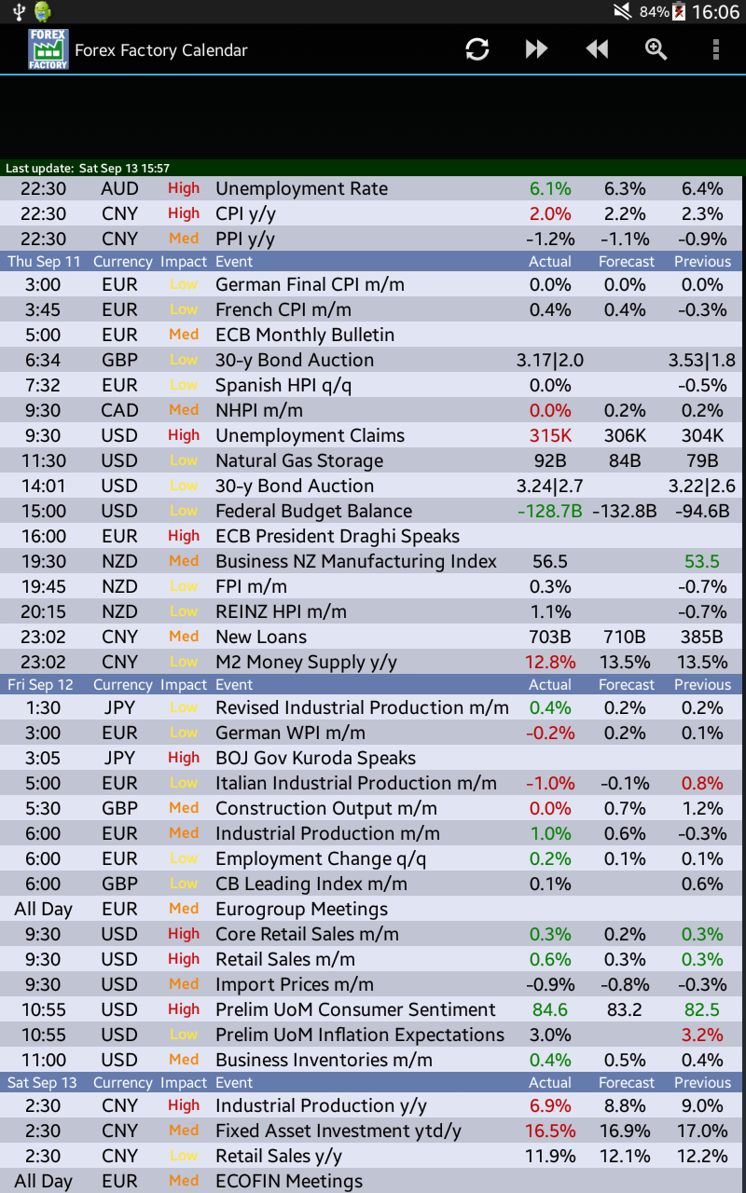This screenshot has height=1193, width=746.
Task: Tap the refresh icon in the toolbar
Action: (477, 49)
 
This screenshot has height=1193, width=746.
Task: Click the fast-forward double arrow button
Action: (536, 49)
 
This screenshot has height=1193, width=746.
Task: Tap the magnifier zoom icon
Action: (656, 49)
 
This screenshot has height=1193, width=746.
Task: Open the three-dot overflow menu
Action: (715, 49)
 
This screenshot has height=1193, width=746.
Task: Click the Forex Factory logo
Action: (48, 49)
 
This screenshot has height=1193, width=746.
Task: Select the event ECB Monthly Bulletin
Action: (305, 335)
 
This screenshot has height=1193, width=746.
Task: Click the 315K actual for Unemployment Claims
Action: (550, 435)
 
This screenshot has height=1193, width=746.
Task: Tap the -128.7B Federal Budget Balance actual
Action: (550, 511)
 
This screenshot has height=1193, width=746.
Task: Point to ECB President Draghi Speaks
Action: (338, 536)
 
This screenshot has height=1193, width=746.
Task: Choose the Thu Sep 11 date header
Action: (44, 262)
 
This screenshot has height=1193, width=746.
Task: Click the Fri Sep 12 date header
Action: (40, 685)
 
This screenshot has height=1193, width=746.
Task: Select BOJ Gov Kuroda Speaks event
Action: (315, 758)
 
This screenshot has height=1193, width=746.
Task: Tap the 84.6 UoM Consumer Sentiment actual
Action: (550, 1009)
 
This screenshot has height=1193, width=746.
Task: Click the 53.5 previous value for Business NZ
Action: (702, 561)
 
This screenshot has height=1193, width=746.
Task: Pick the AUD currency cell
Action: (119, 188)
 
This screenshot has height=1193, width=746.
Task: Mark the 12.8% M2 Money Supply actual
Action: (550, 662)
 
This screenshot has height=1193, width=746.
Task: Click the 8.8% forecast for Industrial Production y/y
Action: (625, 1105)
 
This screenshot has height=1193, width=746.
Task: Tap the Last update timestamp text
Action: (88, 169)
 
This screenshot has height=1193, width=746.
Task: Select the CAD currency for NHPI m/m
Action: (119, 410)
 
